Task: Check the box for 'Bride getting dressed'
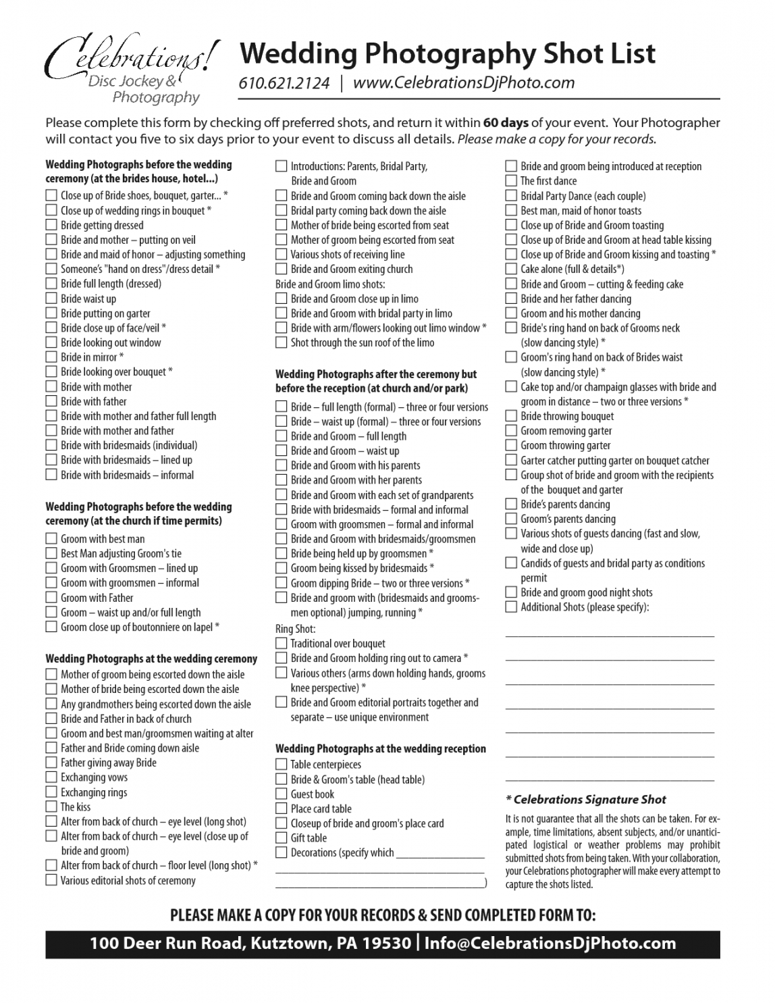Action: coord(51,225)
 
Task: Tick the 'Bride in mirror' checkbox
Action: coord(51,357)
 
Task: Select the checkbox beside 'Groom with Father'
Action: coord(51,597)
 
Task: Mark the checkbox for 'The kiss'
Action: coord(51,806)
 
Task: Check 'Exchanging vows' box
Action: coord(51,777)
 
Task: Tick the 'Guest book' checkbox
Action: coord(282,794)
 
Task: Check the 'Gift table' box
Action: coord(282,838)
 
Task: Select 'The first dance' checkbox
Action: coord(511,181)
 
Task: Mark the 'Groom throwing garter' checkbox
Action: coord(511,445)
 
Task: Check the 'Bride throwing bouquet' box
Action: coord(511,416)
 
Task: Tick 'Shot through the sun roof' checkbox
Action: coord(282,342)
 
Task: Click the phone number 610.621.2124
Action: coord(284,83)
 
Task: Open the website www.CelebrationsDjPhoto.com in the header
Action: coord(463,83)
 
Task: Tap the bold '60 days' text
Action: coord(506,123)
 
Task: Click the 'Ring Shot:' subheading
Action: coord(295,629)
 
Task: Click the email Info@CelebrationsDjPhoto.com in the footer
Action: coord(550,944)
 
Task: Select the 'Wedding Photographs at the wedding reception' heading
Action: coord(380,748)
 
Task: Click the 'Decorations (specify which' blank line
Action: coord(440,854)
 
